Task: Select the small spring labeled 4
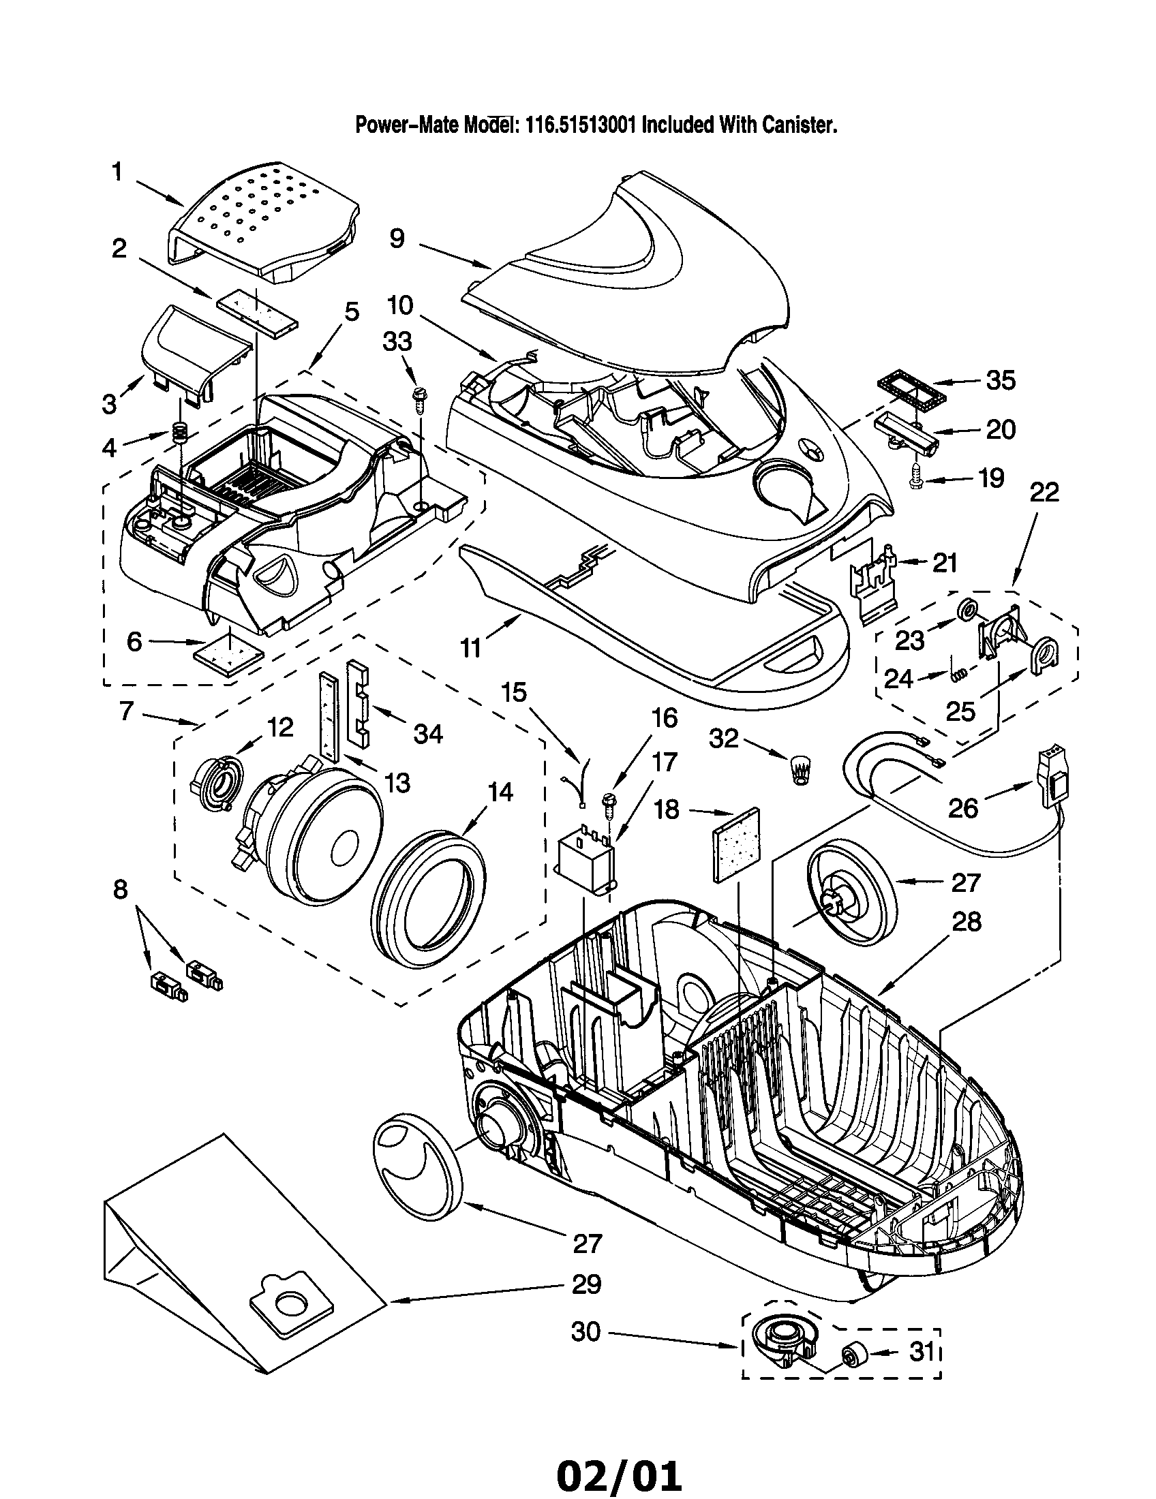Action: pos(179,433)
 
